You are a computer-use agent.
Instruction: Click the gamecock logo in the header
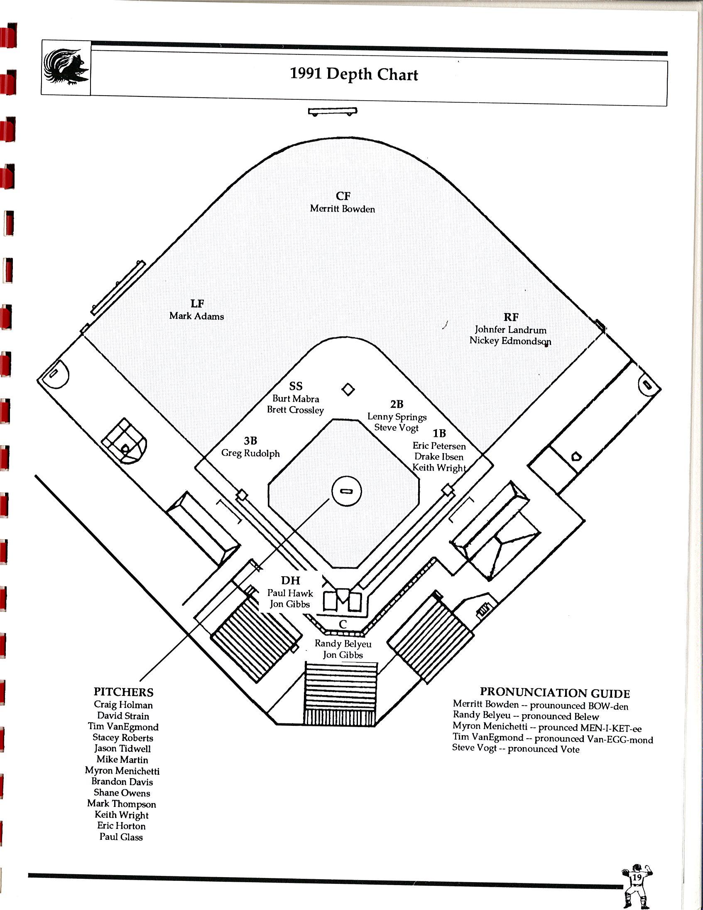click(x=66, y=67)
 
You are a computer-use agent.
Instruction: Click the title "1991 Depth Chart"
click(x=354, y=74)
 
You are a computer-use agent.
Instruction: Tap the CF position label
click(x=343, y=196)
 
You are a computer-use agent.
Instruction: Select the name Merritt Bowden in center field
click(x=342, y=209)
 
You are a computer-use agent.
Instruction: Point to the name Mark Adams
click(x=196, y=316)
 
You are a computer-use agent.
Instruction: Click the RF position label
click(x=511, y=317)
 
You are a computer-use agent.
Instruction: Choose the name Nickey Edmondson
click(x=510, y=341)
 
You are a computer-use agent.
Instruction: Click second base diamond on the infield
click(x=348, y=390)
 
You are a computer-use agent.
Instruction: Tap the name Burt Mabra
click(x=296, y=399)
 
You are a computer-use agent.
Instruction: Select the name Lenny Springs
click(x=397, y=417)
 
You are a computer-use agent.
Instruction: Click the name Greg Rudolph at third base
click(x=250, y=453)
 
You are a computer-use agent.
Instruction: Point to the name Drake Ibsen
click(x=438, y=457)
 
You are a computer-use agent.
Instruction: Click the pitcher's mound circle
click(x=346, y=491)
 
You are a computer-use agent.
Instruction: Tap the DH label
click(x=290, y=580)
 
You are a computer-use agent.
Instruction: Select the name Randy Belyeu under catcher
click(x=343, y=644)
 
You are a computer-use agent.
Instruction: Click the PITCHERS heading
click(x=123, y=692)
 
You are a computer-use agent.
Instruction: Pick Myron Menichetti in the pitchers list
click(x=122, y=770)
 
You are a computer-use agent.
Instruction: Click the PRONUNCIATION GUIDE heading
click(x=554, y=693)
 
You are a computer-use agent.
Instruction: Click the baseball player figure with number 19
click(x=637, y=885)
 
